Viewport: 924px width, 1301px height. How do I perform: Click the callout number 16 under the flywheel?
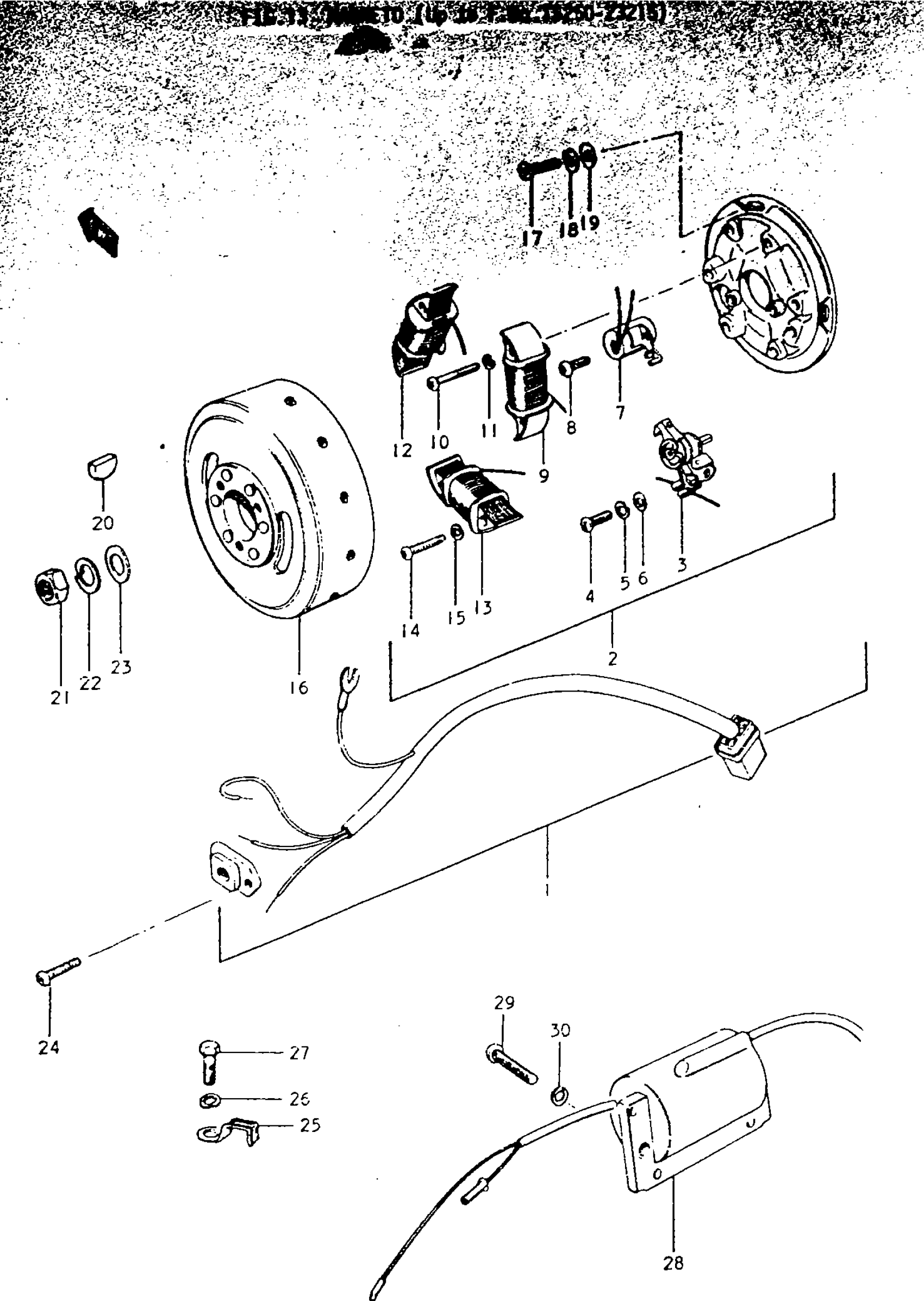coord(298,688)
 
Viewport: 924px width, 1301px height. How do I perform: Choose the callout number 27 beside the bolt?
coord(299,1053)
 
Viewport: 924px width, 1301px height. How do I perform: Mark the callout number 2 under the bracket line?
coord(612,658)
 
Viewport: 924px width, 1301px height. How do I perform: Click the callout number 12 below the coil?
coord(402,450)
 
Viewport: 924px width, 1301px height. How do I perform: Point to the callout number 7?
coord(620,412)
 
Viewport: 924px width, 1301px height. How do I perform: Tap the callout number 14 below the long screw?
coord(410,630)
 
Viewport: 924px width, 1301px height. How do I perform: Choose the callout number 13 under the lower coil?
coord(483,608)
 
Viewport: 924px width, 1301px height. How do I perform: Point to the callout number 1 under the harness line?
coord(547,888)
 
